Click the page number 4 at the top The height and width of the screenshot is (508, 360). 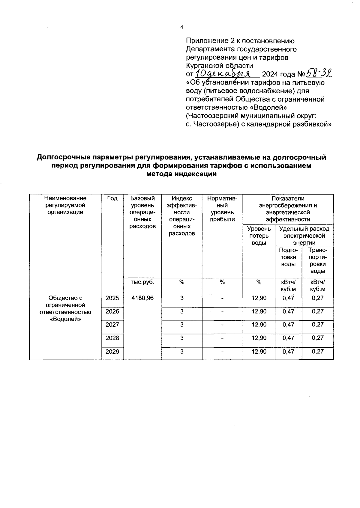[181, 27]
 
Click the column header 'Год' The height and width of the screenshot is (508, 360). [112, 198]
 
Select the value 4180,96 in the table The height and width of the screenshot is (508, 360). [142, 298]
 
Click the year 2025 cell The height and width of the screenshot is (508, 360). [112, 298]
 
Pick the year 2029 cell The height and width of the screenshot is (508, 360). [112, 352]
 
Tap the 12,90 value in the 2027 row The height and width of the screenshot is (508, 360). [259, 325]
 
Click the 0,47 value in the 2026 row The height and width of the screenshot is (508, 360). [288, 311]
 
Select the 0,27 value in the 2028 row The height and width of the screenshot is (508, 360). [318, 338]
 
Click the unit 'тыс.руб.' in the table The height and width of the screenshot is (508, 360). [142, 282]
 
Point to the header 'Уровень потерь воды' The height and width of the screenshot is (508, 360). [259, 236]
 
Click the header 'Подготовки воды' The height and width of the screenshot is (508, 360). [288, 257]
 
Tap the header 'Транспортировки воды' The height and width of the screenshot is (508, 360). [318, 261]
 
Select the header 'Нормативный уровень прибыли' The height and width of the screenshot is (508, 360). [222, 209]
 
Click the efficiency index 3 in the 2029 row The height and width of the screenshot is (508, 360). [182, 352]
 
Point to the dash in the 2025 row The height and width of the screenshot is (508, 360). [222, 299]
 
